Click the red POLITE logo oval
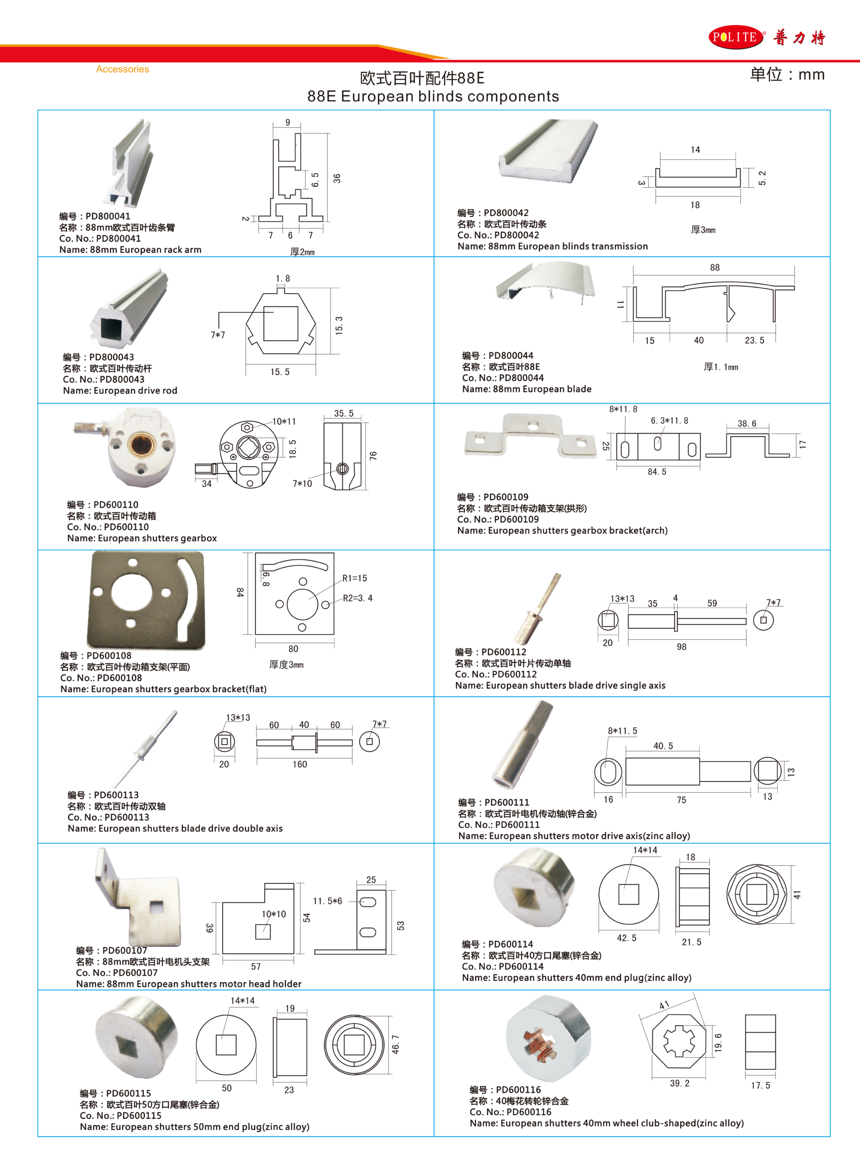click(736, 37)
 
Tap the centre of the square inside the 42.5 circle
click(628, 894)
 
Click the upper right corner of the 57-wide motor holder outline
click(294, 883)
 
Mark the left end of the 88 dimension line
click(633, 275)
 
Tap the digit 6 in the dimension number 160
click(299, 764)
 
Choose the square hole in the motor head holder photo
click(156, 907)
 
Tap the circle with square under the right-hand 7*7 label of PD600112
click(763, 620)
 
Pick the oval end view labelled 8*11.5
click(608, 771)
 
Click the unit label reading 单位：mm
click(787, 75)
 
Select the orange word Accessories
click(122, 69)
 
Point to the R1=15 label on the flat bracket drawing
click(355, 578)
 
